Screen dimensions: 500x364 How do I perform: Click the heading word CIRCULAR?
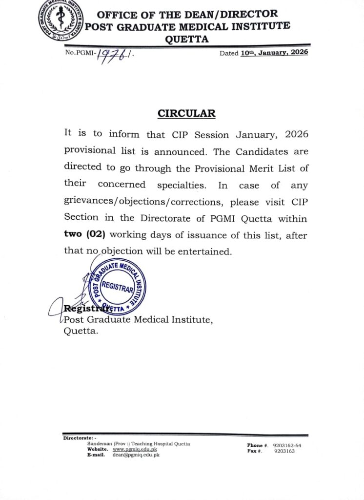[x=186, y=113]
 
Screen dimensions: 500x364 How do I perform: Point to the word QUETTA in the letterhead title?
[x=187, y=40]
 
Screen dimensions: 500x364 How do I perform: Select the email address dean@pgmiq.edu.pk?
[x=136, y=455]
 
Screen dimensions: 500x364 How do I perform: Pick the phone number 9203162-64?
[x=290, y=445]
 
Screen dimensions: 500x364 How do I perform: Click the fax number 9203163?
[x=284, y=451]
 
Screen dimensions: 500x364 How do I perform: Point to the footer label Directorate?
[x=80, y=438]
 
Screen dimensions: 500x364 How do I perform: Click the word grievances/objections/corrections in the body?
[x=143, y=202]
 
